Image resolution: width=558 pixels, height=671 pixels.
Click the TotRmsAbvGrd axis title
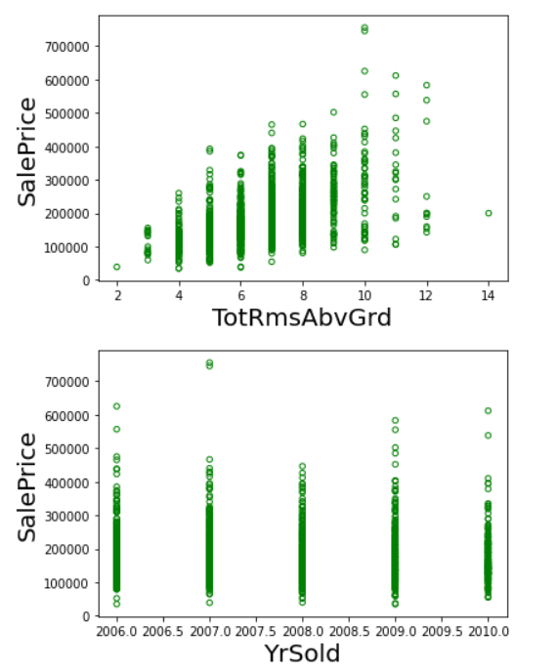(303, 317)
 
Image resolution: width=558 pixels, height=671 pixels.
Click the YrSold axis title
(303, 653)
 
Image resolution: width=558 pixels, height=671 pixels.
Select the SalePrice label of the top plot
(28, 151)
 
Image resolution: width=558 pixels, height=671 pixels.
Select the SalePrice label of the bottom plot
(28, 486)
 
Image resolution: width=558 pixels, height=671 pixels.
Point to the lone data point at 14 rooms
(489, 213)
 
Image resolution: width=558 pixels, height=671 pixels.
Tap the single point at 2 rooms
(117, 267)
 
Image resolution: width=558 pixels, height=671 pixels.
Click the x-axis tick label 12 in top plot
(426, 294)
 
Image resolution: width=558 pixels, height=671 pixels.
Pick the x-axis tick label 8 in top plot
(303, 294)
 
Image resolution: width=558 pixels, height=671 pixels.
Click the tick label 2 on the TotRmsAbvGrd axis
(117, 294)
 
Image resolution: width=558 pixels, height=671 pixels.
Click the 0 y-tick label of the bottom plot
(86, 616)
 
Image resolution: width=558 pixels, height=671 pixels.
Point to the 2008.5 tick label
(349, 631)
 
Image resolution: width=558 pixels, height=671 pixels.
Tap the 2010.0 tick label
(488, 631)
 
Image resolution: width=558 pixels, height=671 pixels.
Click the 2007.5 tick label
(256, 631)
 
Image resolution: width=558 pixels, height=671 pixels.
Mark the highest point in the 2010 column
(488, 410)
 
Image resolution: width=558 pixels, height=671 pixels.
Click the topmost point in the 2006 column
(117, 406)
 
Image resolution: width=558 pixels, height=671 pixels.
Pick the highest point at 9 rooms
(333, 112)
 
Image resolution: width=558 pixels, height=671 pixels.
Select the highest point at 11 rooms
(396, 75)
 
